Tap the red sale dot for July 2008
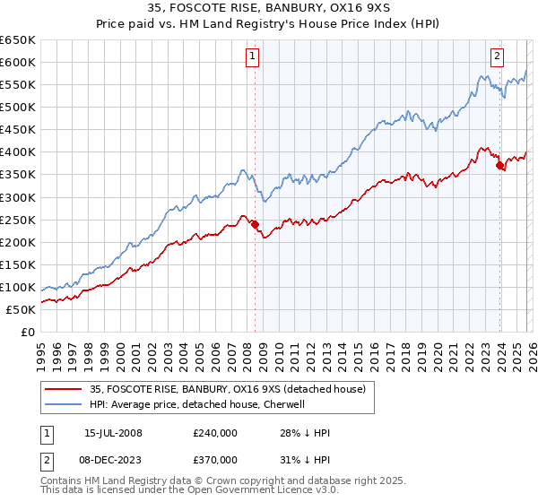255,224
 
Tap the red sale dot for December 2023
499,165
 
